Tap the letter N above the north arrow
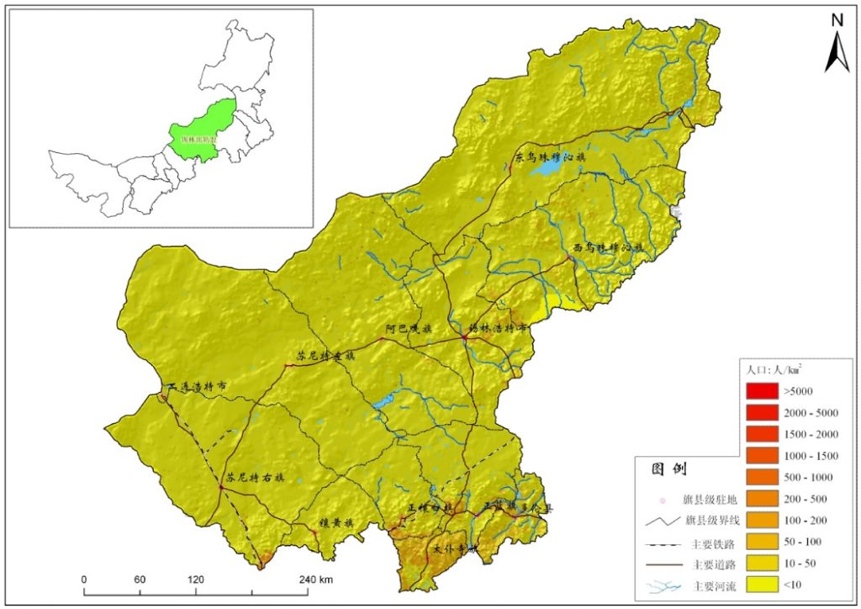(x=837, y=20)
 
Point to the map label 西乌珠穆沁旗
(x=607, y=248)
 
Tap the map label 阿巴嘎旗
(x=409, y=329)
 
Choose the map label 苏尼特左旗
(x=326, y=356)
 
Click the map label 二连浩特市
(x=198, y=387)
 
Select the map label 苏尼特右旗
(x=254, y=477)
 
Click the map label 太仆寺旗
(x=455, y=548)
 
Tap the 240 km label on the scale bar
(x=316, y=580)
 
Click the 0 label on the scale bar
(x=84, y=580)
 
